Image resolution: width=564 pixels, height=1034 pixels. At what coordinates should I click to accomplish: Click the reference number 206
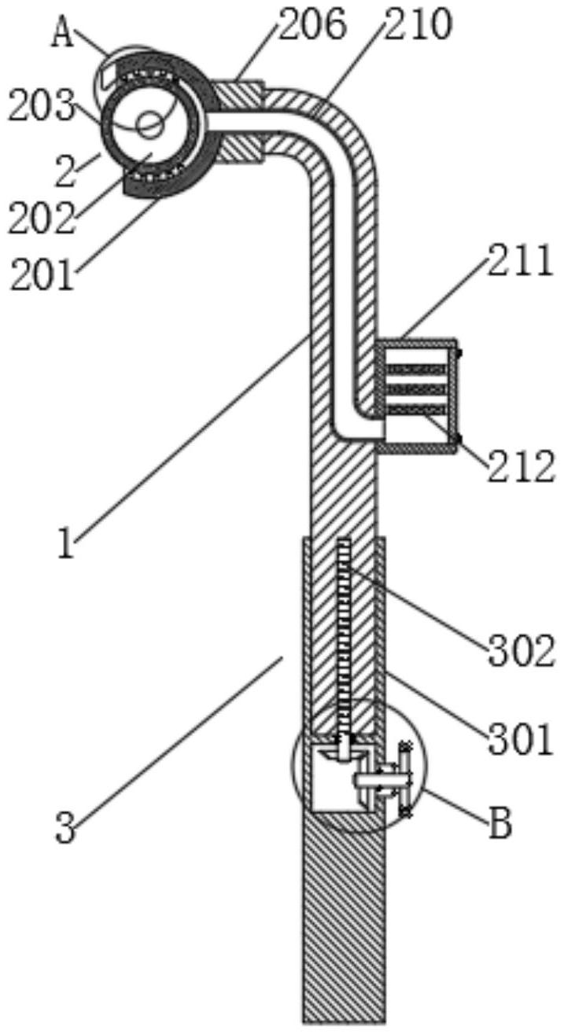click(x=311, y=25)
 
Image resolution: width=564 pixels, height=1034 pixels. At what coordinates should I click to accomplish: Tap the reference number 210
click(x=417, y=25)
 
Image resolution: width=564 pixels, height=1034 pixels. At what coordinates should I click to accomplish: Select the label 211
click(x=520, y=261)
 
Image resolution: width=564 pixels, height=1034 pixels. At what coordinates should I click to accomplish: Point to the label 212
click(x=521, y=466)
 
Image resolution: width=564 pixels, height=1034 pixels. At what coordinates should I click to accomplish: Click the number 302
click(x=521, y=651)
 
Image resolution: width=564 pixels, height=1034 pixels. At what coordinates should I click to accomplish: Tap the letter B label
click(x=501, y=823)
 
